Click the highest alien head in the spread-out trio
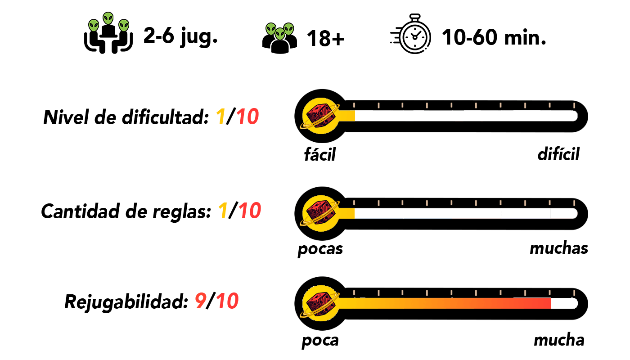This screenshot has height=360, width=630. (x=108, y=18)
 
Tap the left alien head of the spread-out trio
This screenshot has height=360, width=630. (x=94, y=25)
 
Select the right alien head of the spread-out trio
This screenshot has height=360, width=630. (x=124, y=25)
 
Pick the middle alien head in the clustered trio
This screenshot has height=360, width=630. (x=280, y=34)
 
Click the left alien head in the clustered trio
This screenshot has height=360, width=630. (x=271, y=29)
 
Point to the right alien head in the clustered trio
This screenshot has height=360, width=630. (x=288, y=29)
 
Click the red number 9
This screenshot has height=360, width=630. (x=201, y=301)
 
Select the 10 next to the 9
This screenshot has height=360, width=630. (x=227, y=301)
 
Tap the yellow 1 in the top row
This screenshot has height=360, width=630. (x=220, y=117)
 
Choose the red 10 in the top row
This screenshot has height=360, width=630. (x=247, y=117)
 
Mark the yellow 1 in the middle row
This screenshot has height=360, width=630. (x=223, y=211)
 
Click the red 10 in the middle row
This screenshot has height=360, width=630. (x=250, y=211)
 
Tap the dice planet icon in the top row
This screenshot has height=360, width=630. (x=320, y=116)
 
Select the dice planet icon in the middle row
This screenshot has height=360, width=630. (x=320, y=213)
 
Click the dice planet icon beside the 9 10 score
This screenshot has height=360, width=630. (x=320, y=303)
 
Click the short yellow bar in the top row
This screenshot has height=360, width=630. (x=347, y=116)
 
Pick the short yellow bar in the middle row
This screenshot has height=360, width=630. (x=347, y=213)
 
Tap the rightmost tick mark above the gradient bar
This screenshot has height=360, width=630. (x=574, y=293)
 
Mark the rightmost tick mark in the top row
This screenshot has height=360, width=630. (x=574, y=105)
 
